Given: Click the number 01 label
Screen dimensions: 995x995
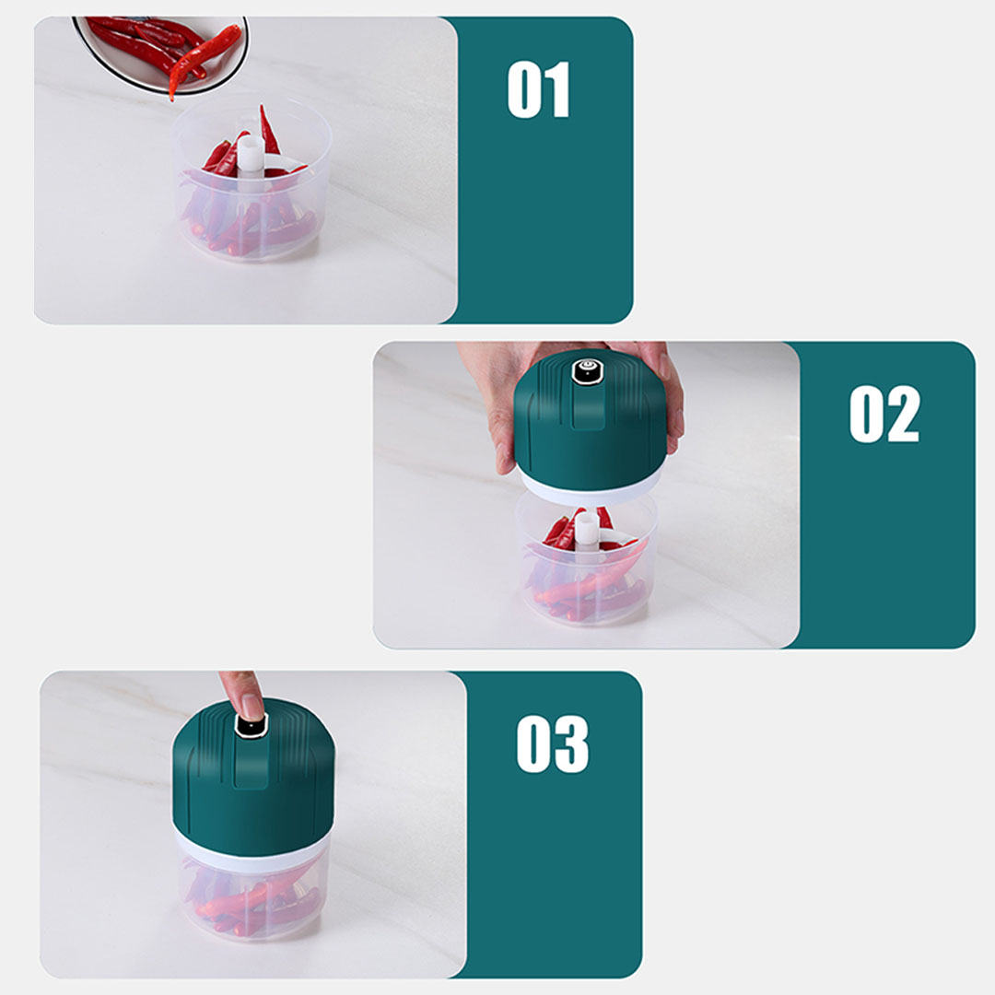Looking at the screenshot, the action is [538, 89].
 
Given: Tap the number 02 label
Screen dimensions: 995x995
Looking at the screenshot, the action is [884, 414].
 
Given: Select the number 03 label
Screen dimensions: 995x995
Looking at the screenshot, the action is [552, 743].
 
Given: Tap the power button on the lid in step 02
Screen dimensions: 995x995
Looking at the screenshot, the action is [587, 371].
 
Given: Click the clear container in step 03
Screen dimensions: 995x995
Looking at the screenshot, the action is [253, 895].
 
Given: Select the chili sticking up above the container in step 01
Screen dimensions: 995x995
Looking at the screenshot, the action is [268, 130].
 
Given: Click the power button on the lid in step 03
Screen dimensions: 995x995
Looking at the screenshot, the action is [251, 725].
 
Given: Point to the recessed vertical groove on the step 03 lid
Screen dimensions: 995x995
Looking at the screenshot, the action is [250, 762].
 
